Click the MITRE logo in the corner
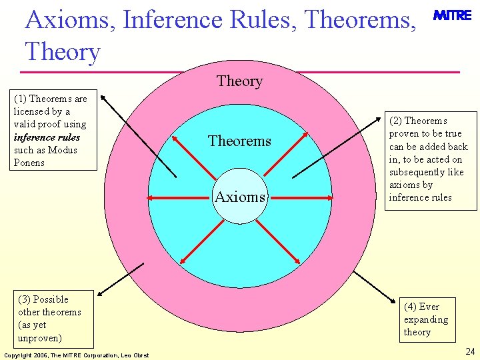coord(452,15)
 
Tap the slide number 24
coord(470,351)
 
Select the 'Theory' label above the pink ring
coord(239,81)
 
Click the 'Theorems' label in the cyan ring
coord(239,141)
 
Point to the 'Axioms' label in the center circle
coord(240,197)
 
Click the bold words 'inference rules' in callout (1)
coord(47,137)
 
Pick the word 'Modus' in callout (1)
coord(63,150)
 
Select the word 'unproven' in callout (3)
coord(41,338)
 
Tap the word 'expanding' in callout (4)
coord(425,319)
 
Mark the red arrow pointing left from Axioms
coord(180,198)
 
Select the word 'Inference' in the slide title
coord(154,20)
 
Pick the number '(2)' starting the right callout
coord(396,121)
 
